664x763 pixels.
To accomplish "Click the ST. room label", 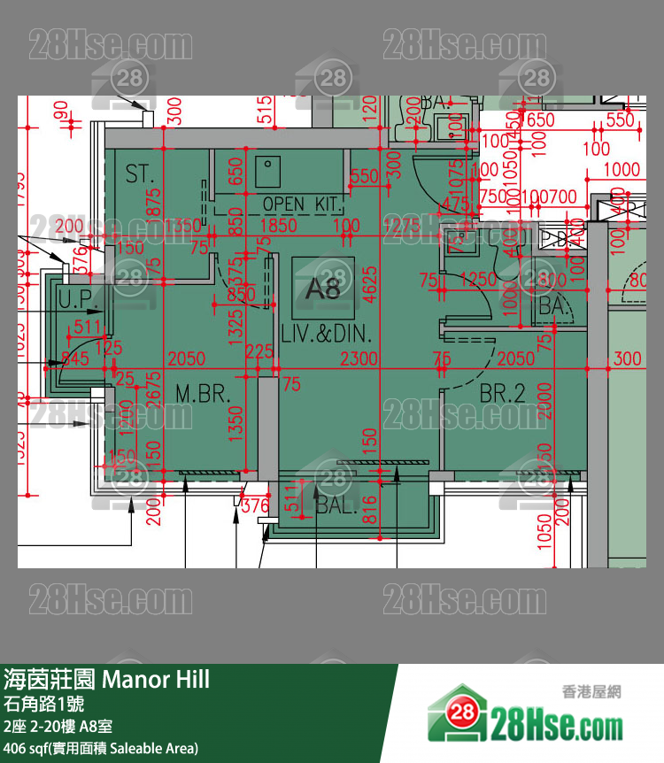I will [x=139, y=173].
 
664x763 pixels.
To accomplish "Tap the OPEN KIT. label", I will [x=302, y=204].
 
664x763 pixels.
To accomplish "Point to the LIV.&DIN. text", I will [x=326, y=335].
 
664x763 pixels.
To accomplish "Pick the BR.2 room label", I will [x=502, y=393].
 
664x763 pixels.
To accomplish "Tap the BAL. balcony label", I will [x=336, y=506].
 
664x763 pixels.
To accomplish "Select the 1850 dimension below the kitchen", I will [x=279, y=227].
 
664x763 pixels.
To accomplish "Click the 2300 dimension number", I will [x=359, y=358].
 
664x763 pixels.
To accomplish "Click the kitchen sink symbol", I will [x=268, y=172].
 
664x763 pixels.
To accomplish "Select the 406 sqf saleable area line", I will [x=101, y=749].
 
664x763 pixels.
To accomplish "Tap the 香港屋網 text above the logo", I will [x=591, y=691].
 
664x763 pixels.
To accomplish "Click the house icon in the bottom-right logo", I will [x=459, y=713].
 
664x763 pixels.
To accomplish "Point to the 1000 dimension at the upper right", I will [x=622, y=170].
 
